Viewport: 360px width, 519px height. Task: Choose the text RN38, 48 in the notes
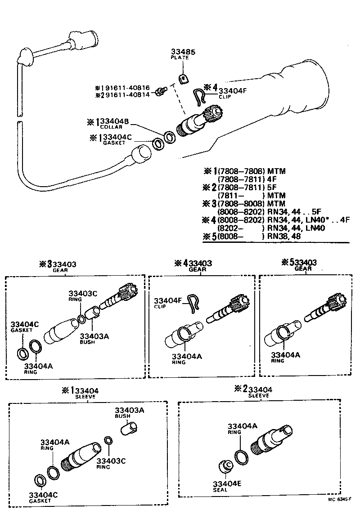(284, 236)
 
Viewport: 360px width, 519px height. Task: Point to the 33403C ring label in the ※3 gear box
(83, 294)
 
